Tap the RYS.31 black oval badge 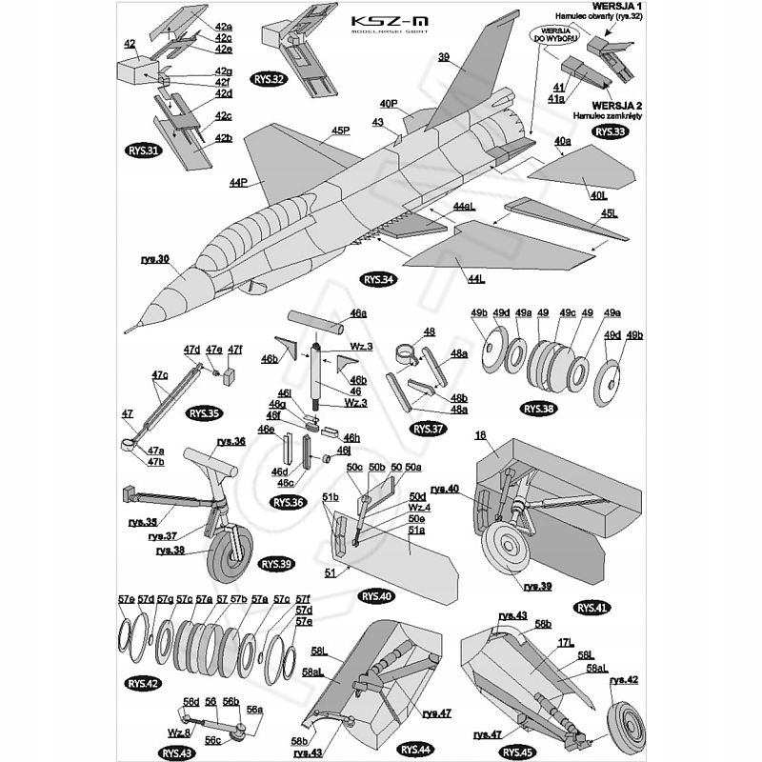coord(143,150)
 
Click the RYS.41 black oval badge coord(592,607)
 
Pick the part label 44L coord(476,278)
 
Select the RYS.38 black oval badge coord(538,409)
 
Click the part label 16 coord(481,435)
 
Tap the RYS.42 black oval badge coord(144,683)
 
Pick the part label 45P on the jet coord(340,131)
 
